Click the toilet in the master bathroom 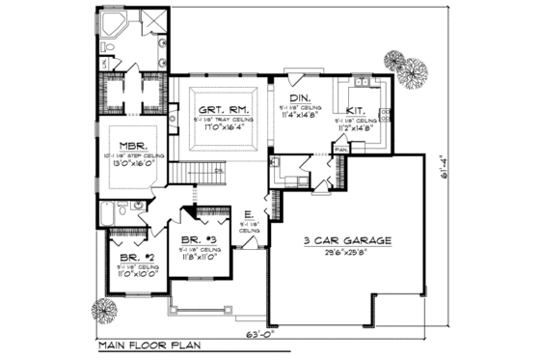click(x=106, y=62)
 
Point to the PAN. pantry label click(x=340, y=151)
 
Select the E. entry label click(x=249, y=215)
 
